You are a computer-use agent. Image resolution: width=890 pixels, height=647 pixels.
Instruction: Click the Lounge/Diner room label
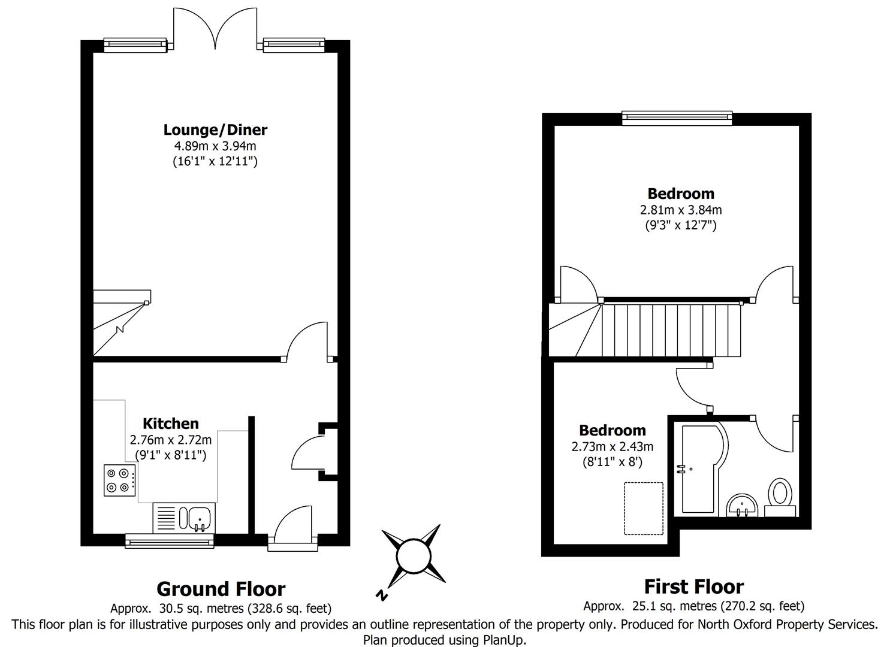(x=215, y=129)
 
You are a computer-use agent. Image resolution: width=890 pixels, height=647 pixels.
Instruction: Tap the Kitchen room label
(x=170, y=424)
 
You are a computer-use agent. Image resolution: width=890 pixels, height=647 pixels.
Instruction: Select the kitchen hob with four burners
(x=119, y=480)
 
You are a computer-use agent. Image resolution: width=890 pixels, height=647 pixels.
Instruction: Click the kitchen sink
(x=198, y=518)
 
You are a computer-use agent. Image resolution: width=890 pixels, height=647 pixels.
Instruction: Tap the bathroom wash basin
(x=743, y=505)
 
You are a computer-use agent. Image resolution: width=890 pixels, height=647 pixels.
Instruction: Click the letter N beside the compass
(x=381, y=595)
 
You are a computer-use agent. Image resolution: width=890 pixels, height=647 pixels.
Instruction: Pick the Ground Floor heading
(x=221, y=589)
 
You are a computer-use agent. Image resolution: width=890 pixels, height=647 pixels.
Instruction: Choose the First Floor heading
(x=693, y=586)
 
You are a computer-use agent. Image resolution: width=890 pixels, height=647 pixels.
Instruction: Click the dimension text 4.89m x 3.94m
(x=215, y=146)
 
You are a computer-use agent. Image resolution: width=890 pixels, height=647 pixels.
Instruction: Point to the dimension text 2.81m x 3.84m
(x=681, y=210)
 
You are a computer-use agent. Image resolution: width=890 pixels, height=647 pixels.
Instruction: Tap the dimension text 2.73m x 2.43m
(x=613, y=446)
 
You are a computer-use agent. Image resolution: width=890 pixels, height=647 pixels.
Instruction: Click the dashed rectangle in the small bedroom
(x=644, y=508)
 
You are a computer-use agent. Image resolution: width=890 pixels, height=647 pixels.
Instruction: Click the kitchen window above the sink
(x=170, y=542)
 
